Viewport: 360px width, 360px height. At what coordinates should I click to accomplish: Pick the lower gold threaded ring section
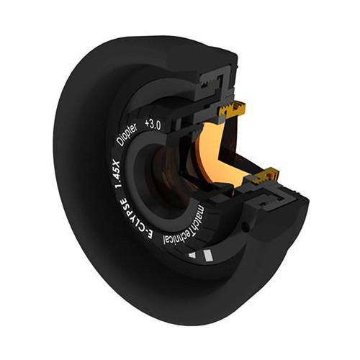pos(264,173)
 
